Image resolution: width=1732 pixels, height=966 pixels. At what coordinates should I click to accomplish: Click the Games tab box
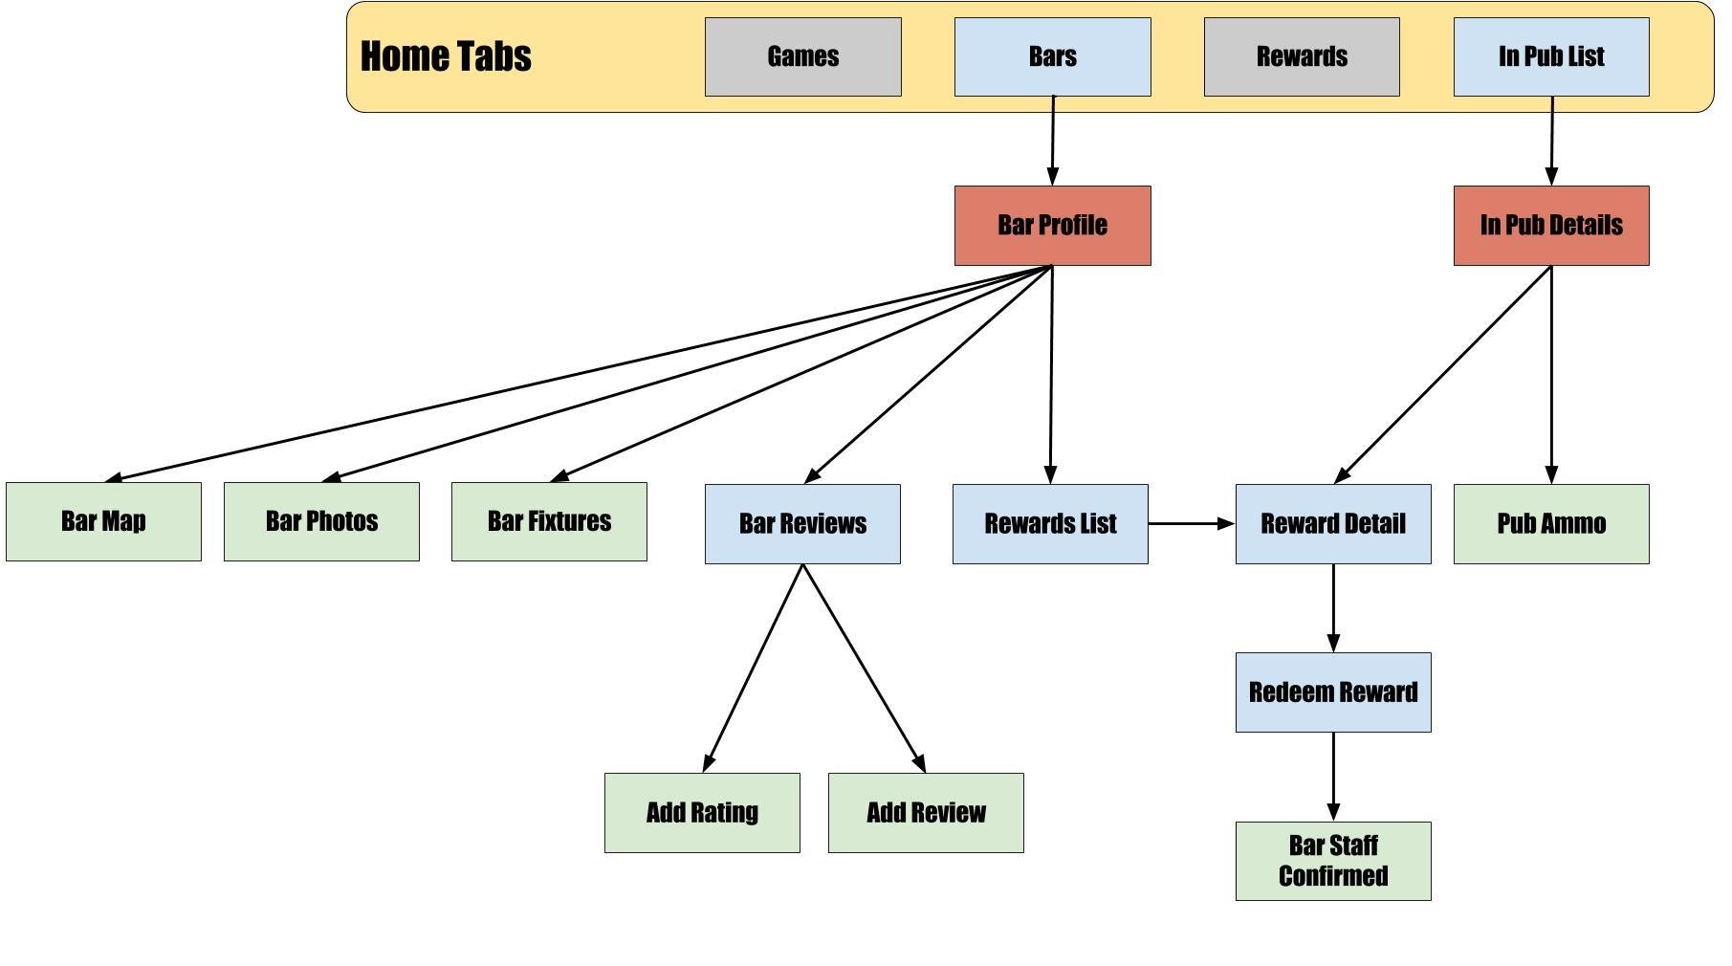pyautogui.click(x=803, y=56)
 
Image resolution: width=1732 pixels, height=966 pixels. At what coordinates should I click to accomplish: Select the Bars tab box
pyautogui.click(x=1053, y=56)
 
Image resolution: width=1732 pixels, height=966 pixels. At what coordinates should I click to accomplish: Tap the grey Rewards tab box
pyautogui.click(x=1302, y=56)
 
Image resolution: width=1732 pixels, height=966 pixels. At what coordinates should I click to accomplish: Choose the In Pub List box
pyautogui.click(x=1551, y=56)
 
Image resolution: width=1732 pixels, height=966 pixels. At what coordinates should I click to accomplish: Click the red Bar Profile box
pyautogui.click(x=1053, y=226)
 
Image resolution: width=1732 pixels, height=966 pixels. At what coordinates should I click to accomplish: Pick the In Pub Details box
pyautogui.click(x=1551, y=226)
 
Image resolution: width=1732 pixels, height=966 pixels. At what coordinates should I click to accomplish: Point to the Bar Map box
pyautogui.click(x=103, y=521)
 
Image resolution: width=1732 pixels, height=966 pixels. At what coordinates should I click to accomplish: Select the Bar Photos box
pyautogui.click(x=321, y=521)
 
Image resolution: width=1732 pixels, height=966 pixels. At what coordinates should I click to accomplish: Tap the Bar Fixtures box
pyautogui.click(x=549, y=521)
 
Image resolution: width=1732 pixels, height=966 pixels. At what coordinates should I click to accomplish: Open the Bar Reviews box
pyautogui.click(x=802, y=524)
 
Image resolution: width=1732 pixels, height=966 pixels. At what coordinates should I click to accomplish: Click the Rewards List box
pyautogui.click(x=1050, y=524)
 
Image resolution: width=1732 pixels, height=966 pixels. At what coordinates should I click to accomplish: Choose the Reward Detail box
pyautogui.click(x=1333, y=524)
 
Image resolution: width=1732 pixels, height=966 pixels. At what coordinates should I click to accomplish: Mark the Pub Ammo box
pyautogui.click(x=1551, y=524)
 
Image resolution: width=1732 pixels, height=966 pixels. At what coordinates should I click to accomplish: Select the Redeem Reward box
pyautogui.click(x=1333, y=692)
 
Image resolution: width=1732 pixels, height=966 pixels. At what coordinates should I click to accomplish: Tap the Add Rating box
pyautogui.click(x=702, y=813)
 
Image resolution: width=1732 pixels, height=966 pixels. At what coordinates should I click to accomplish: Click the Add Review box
pyautogui.click(x=926, y=813)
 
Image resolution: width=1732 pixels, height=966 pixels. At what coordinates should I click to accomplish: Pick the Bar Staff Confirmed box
pyautogui.click(x=1333, y=861)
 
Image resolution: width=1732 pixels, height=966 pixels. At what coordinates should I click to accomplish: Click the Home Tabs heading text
pyautogui.click(x=446, y=56)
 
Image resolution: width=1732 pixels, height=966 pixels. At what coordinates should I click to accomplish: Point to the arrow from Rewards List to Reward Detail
pyautogui.click(x=1192, y=524)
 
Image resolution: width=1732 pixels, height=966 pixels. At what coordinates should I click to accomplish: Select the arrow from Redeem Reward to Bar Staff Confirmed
pyautogui.click(x=1333, y=777)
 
